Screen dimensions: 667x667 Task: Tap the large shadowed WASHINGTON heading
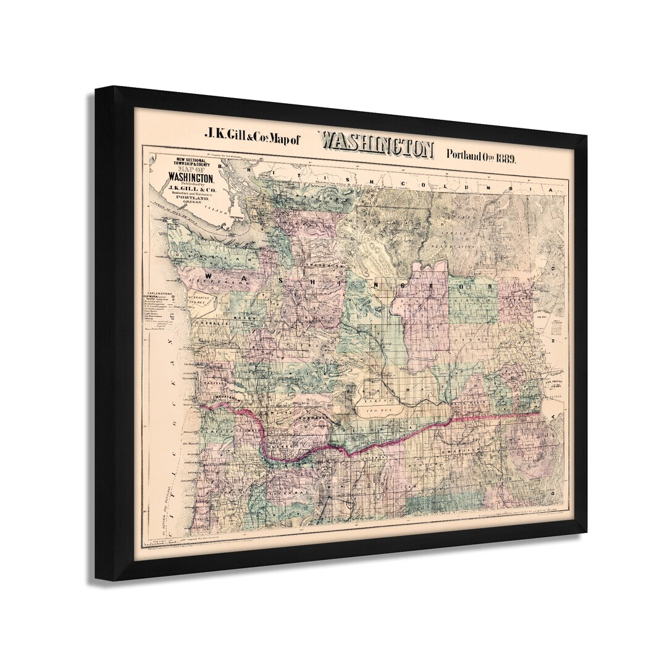376,146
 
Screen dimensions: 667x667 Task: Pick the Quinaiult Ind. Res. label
199,298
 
